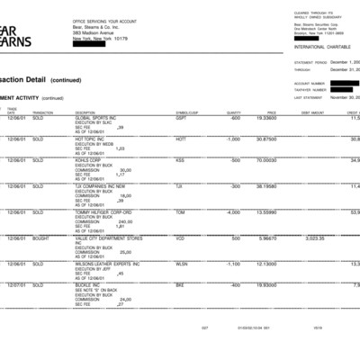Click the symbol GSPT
tap(180, 118)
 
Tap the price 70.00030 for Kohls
tap(266, 160)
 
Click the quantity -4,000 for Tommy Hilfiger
tap(232, 212)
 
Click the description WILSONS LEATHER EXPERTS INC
tap(106, 264)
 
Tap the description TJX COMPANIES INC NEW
tap(100, 186)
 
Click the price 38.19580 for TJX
tap(266, 186)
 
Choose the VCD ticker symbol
tap(180, 238)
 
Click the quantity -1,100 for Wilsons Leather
tap(232, 264)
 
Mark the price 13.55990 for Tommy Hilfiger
tap(266, 212)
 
